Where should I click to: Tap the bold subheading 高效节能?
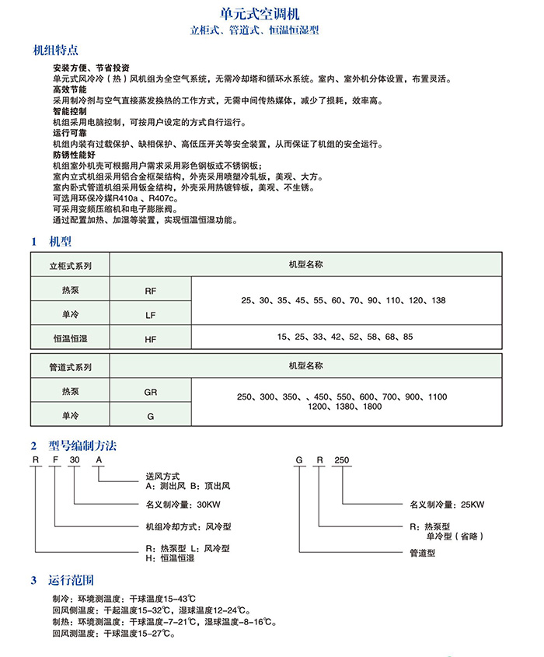[69, 90]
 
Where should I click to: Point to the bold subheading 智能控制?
[69, 112]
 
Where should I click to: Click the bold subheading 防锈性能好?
[73, 155]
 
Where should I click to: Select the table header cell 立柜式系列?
[70, 265]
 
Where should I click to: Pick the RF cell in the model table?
[150, 290]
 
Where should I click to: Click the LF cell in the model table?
[150, 315]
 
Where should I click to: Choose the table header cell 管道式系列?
[70, 366]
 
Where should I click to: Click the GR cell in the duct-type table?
[150, 392]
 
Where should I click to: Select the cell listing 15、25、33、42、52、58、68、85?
[344, 337]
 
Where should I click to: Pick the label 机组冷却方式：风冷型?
[188, 526]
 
